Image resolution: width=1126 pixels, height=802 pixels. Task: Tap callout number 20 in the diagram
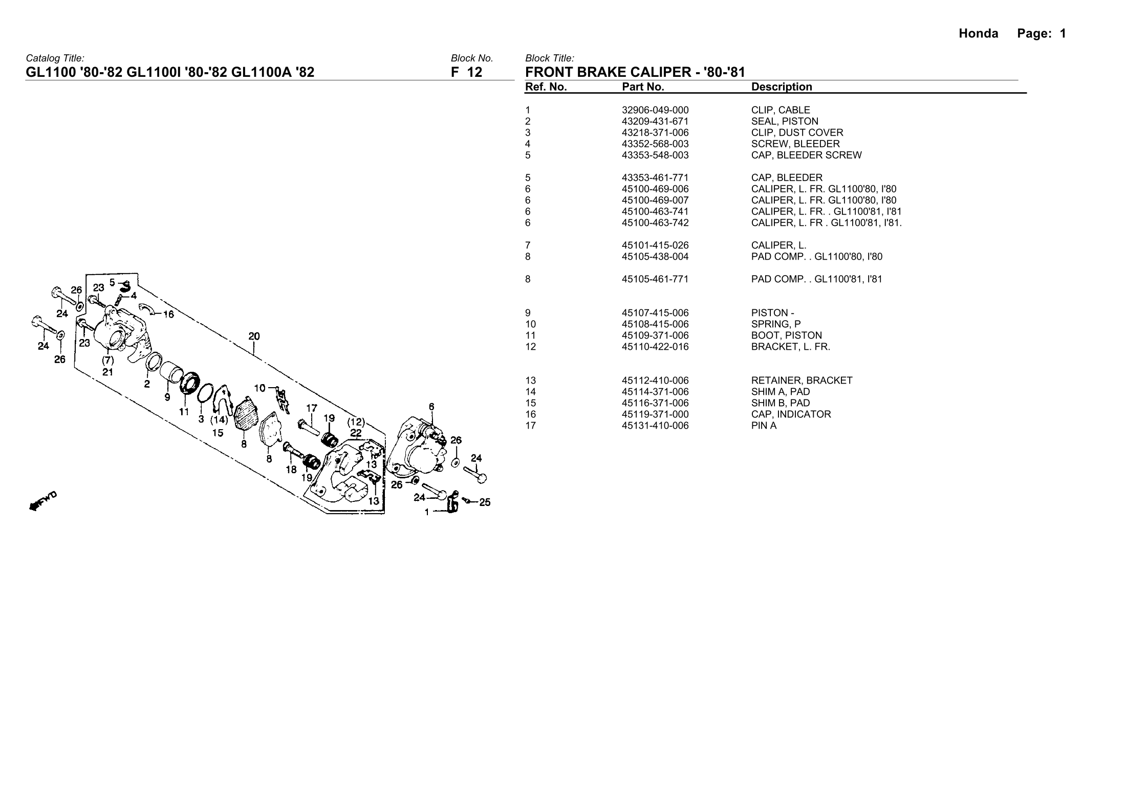coord(254,336)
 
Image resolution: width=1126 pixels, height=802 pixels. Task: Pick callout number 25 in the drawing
coord(484,502)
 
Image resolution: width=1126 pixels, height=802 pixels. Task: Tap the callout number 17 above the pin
coord(311,408)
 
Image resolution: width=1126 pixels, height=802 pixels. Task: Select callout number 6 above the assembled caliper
coord(431,406)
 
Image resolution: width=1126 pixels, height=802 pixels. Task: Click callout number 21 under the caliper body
coord(107,372)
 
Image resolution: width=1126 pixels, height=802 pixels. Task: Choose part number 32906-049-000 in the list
coord(655,110)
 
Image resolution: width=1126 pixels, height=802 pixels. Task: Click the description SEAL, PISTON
coord(785,121)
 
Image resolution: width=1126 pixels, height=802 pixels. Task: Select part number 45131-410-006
coord(655,426)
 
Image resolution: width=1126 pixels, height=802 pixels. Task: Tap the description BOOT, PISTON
coord(787,335)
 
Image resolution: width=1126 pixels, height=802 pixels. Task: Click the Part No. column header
coord(643,87)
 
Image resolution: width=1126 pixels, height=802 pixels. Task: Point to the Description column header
coord(782,87)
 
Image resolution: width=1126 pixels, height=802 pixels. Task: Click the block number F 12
coord(466,72)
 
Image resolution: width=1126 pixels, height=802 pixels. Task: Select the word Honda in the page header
coord(978,34)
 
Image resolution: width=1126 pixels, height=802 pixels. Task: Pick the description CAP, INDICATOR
coord(791,414)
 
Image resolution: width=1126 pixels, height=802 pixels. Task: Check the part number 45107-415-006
coord(655,313)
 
